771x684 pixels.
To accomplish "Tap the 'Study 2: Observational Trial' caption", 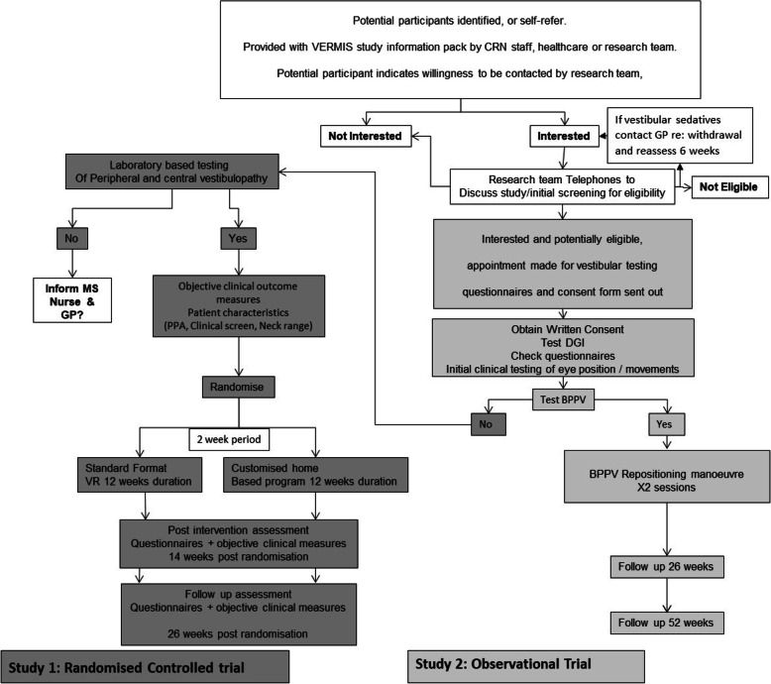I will [526, 661].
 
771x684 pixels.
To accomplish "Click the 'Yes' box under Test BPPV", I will [661, 422].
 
